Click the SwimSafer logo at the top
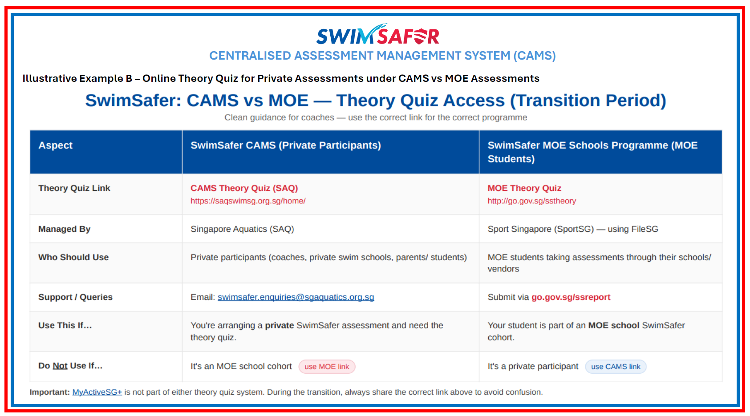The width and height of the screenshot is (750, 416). [x=377, y=34]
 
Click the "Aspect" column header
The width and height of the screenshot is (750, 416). [x=55, y=145]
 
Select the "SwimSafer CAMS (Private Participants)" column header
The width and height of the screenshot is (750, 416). [x=286, y=145]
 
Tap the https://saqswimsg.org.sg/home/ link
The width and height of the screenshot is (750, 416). [x=248, y=201]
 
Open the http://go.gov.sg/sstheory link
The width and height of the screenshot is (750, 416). [x=532, y=201]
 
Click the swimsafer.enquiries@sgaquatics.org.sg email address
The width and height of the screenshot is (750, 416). [x=296, y=297]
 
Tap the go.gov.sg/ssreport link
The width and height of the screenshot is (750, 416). [x=571, y=297]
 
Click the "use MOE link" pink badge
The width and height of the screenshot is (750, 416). [x=327, y=367]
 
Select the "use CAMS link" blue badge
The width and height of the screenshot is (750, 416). [x=616, y=367]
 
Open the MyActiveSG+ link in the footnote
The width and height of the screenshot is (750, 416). [x=97, y=392]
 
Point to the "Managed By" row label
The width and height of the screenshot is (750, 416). [x=64, y=229]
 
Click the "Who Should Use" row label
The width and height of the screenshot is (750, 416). [x=73, y=257]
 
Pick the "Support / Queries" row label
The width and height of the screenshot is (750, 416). [x=75, y=297]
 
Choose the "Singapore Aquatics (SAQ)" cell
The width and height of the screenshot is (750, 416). [x=242, y=229]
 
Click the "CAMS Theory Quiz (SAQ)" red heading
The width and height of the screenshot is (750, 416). [x=244, y=188]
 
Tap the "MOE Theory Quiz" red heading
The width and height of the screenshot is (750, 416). [x=524, y=188]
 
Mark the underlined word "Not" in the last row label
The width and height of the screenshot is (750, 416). [x=60, y=366]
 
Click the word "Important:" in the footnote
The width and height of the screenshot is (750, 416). [x=49, y=392]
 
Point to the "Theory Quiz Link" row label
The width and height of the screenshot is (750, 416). [x=74, y=188]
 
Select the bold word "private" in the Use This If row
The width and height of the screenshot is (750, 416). [x=279, y=325]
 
